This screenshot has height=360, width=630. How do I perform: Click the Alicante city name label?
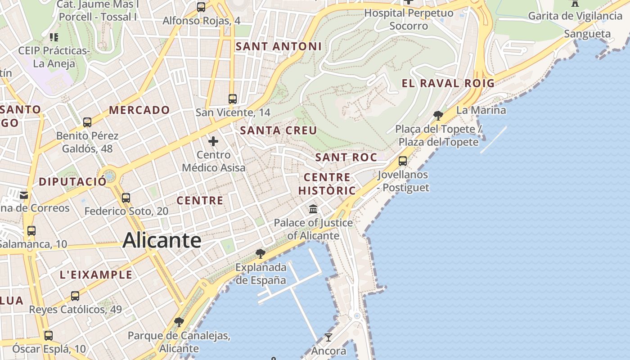tap(162, 240)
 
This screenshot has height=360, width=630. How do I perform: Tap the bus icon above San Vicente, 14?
tap(232, 99)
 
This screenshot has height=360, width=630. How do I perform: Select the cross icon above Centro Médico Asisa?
tap(213, 142)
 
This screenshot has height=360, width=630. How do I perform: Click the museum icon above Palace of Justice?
tap(313, 209)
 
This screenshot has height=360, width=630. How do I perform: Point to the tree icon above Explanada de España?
tap(260, 254)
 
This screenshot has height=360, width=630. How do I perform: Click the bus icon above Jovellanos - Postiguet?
tap(403, 161)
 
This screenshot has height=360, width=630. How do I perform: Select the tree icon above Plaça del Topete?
tap(438, 116)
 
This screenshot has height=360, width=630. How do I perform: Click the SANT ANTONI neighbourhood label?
tap(279, 46)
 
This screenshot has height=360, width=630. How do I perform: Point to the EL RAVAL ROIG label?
tap(448, 83)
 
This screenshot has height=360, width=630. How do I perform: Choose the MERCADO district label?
tap(139, 110)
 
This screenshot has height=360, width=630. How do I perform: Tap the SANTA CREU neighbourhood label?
tap(279, 130)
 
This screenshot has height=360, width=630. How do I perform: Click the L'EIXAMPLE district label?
tap(96, 275)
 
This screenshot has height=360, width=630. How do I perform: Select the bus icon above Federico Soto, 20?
tap(126, 198)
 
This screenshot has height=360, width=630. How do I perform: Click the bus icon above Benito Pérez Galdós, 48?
tap(87, 122)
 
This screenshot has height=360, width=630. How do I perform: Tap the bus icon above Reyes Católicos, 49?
tap(75, 296)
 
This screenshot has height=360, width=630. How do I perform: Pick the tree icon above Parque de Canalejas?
tap(179, 322)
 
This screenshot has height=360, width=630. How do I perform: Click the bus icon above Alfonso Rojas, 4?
tap(201, 7)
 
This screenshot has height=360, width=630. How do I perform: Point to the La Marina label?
tap(481, 110)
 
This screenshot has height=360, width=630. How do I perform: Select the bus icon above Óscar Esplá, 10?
tap(49, 336)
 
